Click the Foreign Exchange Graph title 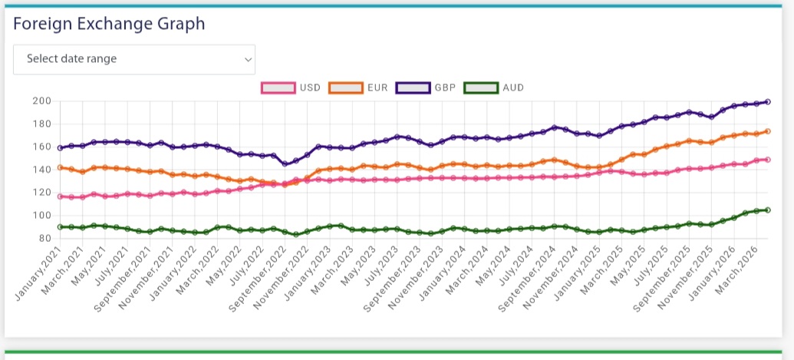pyautogui.click(x=109, y=24)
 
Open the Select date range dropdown pyautogui.click(x=134, y=59)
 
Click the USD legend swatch pyautogui.click(x=278, y=88)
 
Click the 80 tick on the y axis pyautogui.click(x=44, y=238)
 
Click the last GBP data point pyautogui.click(x=768, y=101)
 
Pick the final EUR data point pyautogui.click(x=768, y=131)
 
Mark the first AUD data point pyautogui.click(x=60, y=226)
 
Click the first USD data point pyautogui.click(x=60, y=197)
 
